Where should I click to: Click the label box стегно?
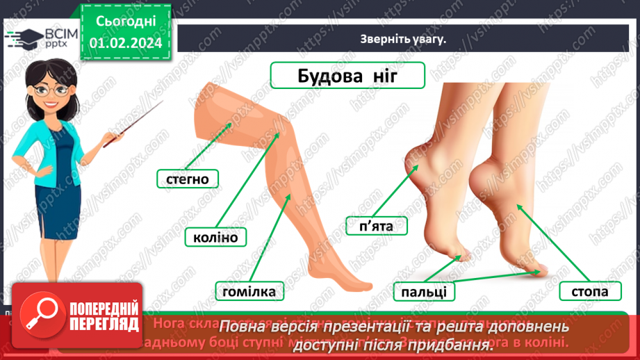[x=188, y=179]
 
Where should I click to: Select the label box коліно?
[x=211, y=238]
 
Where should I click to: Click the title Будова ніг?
[x=347, y=75]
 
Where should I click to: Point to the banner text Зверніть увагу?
[x=403, y=39]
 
